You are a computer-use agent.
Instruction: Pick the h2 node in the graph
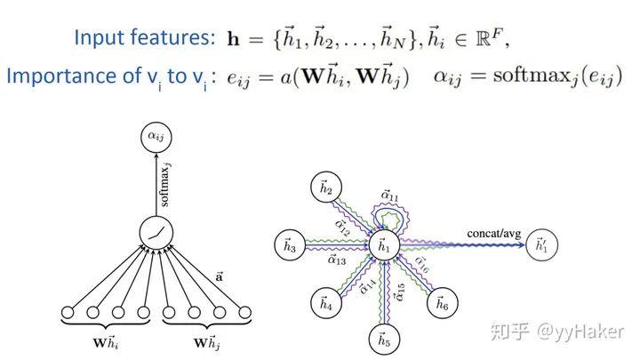click(x=325, y=188)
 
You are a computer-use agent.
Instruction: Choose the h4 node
click(x=325, y=304)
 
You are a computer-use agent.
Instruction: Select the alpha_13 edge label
click(x=335, y=260)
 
